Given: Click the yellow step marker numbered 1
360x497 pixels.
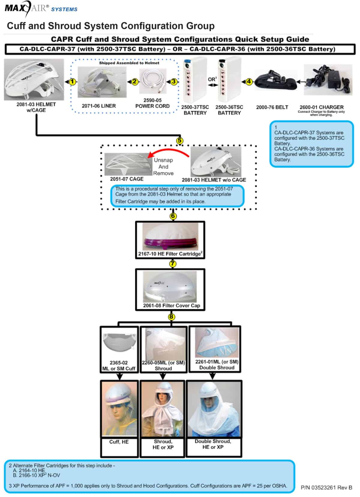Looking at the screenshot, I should click(x=72, y=81).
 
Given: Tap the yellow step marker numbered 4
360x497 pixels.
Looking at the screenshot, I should click(x=249, y=81).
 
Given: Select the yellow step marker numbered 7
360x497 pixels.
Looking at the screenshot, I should click(x=173, y=264).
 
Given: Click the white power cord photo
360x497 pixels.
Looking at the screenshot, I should click(x=152, y=81).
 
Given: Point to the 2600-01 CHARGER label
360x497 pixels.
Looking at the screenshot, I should click(x=321, y=107).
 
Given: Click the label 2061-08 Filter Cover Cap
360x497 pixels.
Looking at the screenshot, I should click(x=171, y=306).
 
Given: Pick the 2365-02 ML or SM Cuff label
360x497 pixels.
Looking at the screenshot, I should click(x=119, y=366).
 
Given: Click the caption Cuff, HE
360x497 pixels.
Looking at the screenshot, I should click(x=119, y=442).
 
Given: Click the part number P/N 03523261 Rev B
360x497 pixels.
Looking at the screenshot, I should click(x=326, y=487).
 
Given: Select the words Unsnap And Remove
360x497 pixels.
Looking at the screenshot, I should click(x=163, y=167).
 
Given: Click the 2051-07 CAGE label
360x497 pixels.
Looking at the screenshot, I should click(x=127, y=179).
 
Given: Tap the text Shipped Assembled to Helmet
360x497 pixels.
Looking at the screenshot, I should click(x=129, y=63).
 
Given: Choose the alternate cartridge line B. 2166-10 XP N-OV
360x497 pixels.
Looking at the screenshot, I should click(x=37, y=475).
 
